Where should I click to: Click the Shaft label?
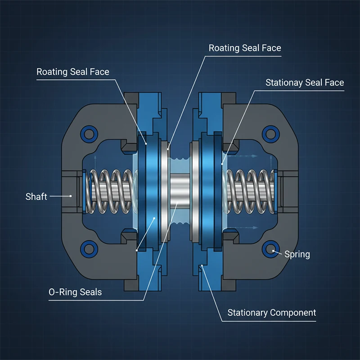pyautogui.click(x=36, y=197)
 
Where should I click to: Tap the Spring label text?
pyautogui.click(x=297, y=254)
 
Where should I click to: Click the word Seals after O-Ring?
pyautogui.click(x=90, y=292)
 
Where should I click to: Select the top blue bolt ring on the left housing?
pyautogui.click(x=89, y=133)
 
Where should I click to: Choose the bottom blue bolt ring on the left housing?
pyautogui.click(x=89, y=248)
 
